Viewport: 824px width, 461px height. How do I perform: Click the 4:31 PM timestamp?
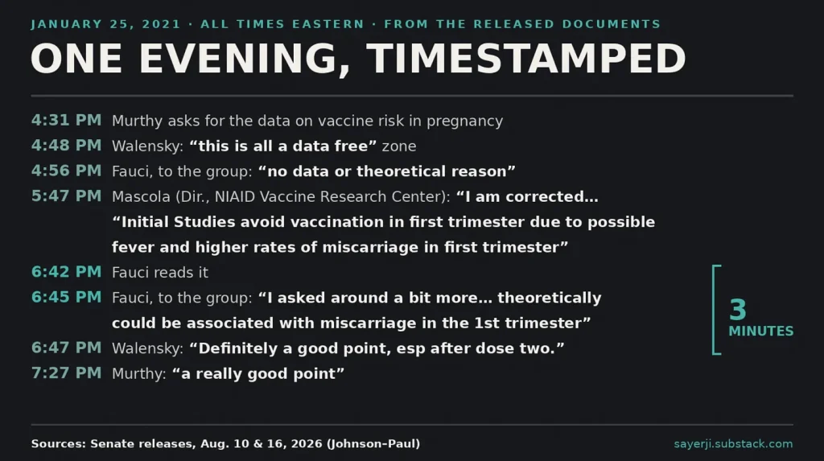(66, 121)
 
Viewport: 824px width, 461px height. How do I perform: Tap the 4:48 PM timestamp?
(66, 146)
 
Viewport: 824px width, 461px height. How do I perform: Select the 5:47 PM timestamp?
(66, 196)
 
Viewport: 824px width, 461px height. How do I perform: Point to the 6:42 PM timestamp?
(66, 272)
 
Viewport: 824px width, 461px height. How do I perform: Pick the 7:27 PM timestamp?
(66, 373)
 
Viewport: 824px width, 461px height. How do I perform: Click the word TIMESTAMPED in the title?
(526, 59)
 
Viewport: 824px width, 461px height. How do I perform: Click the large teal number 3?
(738, 310)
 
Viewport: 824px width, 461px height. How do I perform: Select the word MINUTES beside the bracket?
(761, 331)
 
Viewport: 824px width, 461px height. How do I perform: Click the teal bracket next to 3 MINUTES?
(714, 310)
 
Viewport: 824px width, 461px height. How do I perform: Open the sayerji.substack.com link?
(733, 443)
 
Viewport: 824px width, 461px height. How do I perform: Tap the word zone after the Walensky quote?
(399, 146)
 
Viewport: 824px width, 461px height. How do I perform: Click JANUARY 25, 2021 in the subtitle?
(105, 24)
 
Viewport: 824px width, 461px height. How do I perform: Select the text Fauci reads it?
(160, 272)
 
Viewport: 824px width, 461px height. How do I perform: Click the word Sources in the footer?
(58, 443)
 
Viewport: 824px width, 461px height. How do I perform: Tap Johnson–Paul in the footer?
(373, 443)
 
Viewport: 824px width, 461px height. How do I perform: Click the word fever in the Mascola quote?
(133, 247)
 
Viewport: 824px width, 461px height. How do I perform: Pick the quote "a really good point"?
(258, 374)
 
